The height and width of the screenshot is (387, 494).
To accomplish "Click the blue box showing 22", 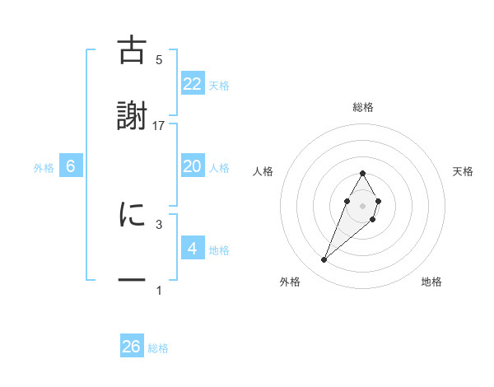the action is [193, 84].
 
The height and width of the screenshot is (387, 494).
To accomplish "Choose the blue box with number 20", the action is [193, 166].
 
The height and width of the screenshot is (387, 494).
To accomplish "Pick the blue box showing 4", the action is [193, 249].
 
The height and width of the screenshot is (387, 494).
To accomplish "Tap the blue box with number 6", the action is [71, 166].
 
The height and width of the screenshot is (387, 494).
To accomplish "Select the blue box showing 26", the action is [132, 347].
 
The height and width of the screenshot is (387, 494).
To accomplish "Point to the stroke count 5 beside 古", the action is [159, 59].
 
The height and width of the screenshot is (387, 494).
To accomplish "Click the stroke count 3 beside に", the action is [159, 223].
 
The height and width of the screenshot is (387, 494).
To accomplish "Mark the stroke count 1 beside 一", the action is [159, 290].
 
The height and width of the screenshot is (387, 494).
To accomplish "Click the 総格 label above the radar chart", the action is [363, 107].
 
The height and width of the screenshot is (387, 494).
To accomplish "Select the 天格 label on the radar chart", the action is [464, 171].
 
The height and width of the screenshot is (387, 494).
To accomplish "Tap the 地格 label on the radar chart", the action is [431, 282].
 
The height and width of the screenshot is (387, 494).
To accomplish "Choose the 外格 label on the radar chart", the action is [290, 282].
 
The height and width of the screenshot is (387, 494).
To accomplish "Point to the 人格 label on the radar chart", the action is [263, 171].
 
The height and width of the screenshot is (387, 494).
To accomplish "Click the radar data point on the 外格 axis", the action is [324, 260].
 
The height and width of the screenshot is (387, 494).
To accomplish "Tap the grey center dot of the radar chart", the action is [362, 204].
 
